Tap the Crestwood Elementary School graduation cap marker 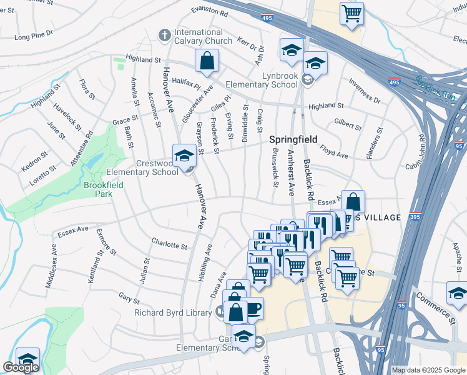(x=184, y=156)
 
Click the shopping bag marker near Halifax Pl (x=207, y=61)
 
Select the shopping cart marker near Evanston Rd (x=351, y=12)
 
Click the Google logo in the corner (x=21, y=367)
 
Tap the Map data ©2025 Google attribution (x=428, y=370)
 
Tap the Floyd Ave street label (x=334, y=150)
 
